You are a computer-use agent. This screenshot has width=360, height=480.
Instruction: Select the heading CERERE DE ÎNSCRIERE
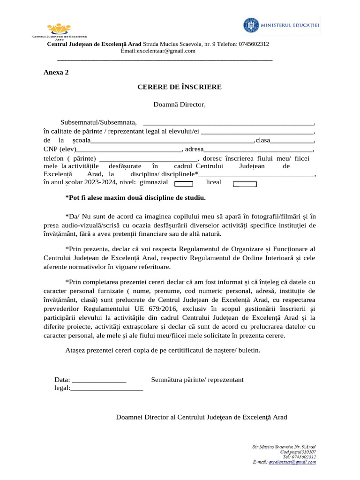click(179, 87)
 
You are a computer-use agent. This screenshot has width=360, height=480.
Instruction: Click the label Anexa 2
click(56, 72)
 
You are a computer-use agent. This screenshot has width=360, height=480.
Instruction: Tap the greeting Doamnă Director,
click(179, 104)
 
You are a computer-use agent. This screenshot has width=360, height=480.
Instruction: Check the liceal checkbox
click(245, 184)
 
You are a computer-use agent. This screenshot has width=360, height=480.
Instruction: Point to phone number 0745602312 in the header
click(253, 44)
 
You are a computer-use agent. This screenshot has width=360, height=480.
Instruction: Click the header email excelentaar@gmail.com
click(158, 51)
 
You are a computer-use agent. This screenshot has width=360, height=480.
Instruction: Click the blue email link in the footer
click(292, 462)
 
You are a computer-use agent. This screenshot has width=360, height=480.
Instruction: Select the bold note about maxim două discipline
click(135, 198)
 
